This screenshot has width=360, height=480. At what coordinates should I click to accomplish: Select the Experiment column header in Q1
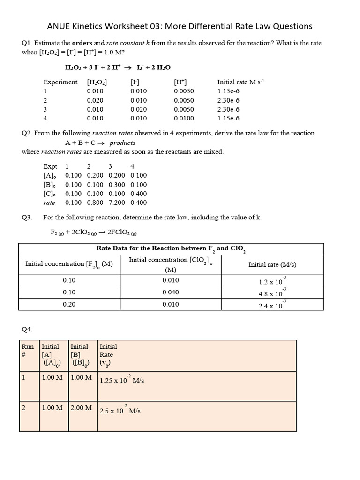pyautogui.click(x=60, y=82)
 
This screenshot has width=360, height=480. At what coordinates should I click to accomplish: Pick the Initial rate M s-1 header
pyautogui.click(x=241, y=82)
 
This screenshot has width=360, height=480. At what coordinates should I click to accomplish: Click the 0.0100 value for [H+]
pyautogui.click(x=184, y=118)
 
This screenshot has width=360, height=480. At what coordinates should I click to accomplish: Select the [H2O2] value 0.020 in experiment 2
pyautogui.click(x=95, y=100)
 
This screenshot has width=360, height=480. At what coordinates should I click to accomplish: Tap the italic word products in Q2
pyautogui.click(x=122, y=142)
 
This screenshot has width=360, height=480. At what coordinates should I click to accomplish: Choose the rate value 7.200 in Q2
pyautogui.click(x=117, y=202)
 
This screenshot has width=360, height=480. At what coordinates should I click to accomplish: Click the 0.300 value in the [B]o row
pyautogui.click(x=117, y=185)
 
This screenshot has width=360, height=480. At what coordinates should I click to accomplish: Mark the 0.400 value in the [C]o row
pyautogui.click(x=138, y=194)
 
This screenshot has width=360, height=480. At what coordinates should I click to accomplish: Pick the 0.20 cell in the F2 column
pyautogui.click(x=69, y=304)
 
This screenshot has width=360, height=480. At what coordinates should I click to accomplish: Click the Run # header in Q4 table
pyautogui.click(x=28, y=351)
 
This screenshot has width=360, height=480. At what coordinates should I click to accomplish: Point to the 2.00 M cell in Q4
pyautogui.click(x=81, y=408)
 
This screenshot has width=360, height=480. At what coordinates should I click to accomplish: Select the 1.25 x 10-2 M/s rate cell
pyautogui.click(x=122, y=380)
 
